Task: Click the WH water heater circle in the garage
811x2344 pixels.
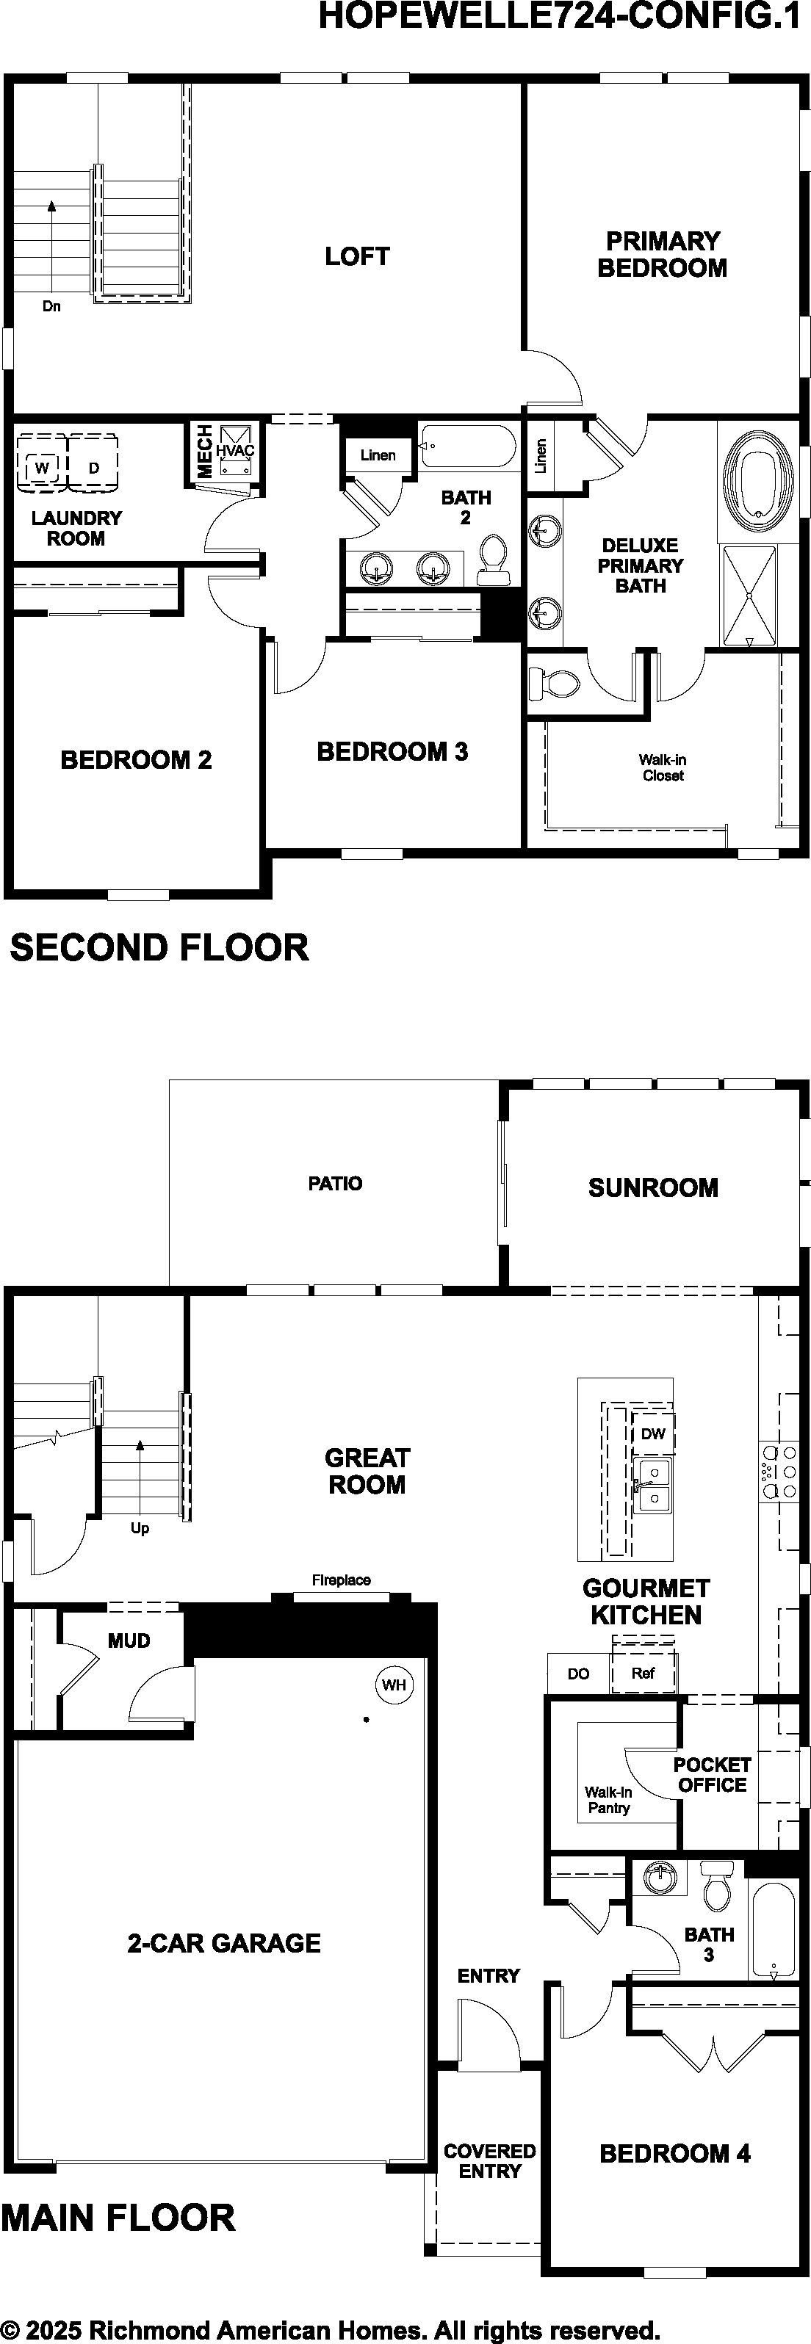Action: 394,1685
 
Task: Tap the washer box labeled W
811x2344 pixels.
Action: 41,468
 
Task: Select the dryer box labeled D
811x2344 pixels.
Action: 94,468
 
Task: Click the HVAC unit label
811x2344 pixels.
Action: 235,450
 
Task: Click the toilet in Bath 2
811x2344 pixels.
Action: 492,560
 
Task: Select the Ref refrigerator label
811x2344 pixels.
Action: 644,1673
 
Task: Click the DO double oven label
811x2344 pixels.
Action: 578,1674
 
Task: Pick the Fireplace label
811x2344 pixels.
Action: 342,1580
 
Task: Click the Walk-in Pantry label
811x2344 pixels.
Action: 608,1800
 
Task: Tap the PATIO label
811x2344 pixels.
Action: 335,1183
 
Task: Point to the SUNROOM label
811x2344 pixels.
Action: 652,1187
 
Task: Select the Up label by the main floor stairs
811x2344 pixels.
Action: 140,1527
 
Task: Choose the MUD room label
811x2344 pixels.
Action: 129,1641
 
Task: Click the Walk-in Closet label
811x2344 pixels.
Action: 663,767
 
